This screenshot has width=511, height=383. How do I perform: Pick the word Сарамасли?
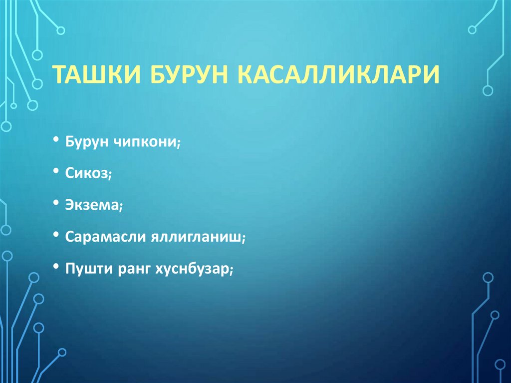point(105,237)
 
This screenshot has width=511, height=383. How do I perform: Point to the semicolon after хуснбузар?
point(232,270)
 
